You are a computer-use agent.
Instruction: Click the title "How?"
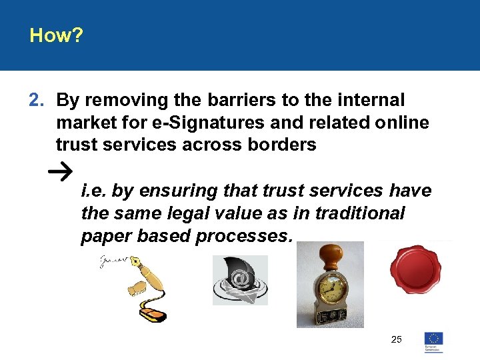(56, 35)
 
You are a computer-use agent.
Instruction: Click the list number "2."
(36, 101)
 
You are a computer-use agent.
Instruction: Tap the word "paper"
(105, 236)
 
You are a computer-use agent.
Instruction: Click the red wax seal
(416, 271)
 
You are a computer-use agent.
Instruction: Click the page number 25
(397, 340)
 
